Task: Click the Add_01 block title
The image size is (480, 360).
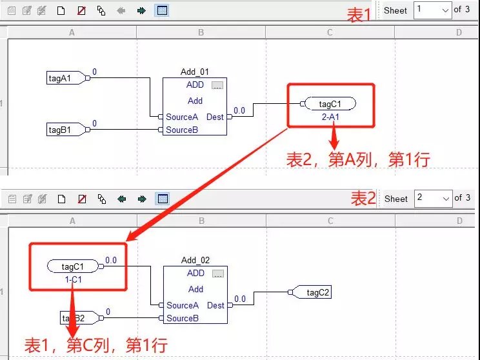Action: tap(195, 72)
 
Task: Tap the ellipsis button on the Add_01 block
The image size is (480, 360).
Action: tap(217, 85)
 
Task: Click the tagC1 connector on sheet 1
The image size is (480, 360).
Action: tap(329, 104)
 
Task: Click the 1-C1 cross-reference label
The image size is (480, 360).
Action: tap(73, 281)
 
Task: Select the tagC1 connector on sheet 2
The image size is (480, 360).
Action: tap(73, 266)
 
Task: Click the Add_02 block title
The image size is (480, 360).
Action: tap(195, 261)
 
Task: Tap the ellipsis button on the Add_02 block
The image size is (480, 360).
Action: tap(217, 274)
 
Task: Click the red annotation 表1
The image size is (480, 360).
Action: tap(360, 15)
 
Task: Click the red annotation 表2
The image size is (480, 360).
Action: tap(363, 199)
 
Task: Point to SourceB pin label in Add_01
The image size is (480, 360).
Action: tap(182, 130)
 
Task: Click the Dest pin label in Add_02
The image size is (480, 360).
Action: tap(215, 305)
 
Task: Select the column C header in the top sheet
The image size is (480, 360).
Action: tap(330, 32)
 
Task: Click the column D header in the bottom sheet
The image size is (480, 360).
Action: tap(459, 221)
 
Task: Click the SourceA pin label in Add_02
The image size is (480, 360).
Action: tap(183, 305)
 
